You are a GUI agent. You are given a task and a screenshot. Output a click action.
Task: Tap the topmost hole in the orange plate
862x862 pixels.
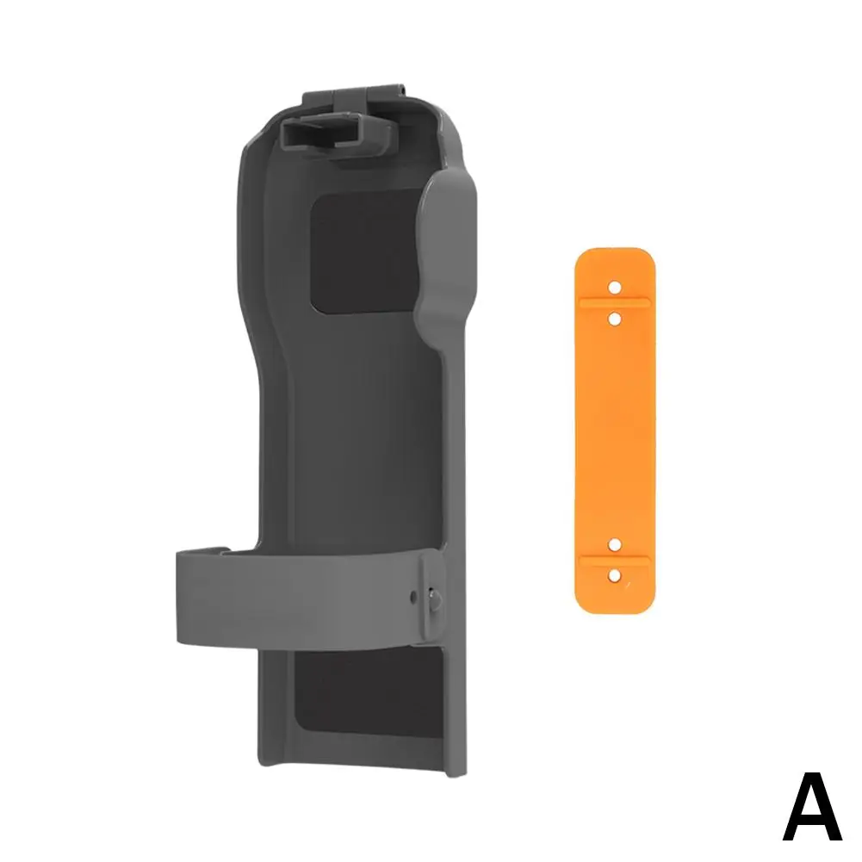tap(615, 284)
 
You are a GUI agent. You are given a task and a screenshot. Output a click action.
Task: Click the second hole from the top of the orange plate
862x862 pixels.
tap(615, 319)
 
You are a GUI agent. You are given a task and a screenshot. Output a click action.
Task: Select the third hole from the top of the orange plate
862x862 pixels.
tap(615, 543)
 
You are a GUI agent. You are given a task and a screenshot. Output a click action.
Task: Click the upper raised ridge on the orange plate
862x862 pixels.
tap(615, 301)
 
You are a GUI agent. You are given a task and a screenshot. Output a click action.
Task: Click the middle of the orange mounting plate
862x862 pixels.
tap(615, 431)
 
